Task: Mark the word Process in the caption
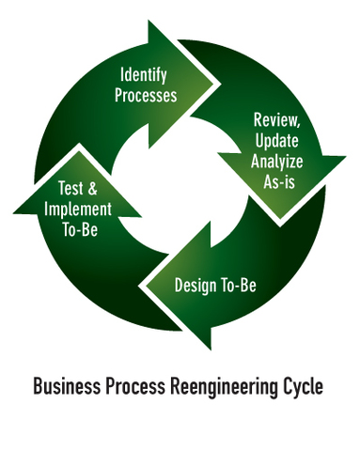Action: [x=134, y=387]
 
